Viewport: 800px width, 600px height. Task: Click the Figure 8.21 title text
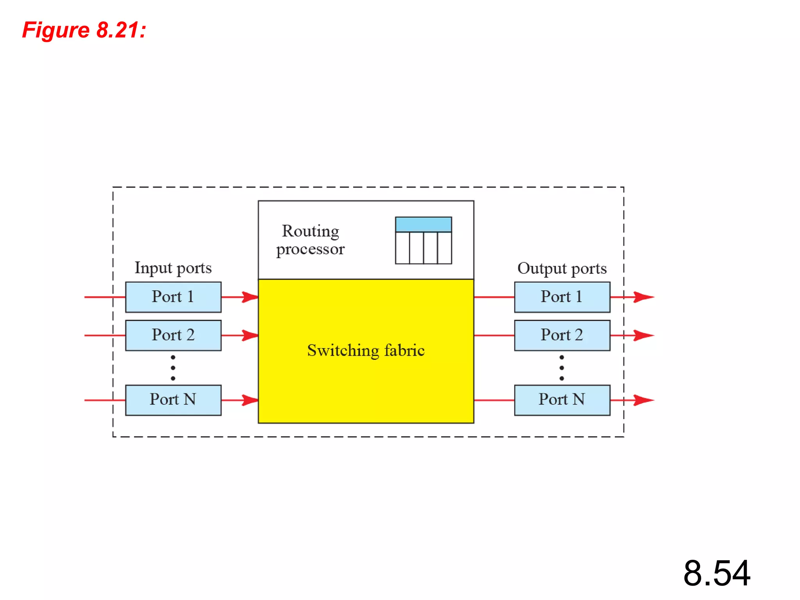(84, 30)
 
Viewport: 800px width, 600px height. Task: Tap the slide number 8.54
(716, 573)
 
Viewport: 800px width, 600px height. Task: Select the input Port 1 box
(173, 297)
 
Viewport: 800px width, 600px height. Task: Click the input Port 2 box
(173, 335)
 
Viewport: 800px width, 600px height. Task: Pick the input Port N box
(173, 400)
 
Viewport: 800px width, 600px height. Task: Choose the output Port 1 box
(562, 297)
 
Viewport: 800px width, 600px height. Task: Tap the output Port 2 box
(562, 335)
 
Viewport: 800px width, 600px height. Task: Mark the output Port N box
(562, 400)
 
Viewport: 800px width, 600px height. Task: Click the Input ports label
(173, 268)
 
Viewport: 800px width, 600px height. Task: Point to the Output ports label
(562, 268)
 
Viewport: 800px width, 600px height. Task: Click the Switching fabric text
(366, 350)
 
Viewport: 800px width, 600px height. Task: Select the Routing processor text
(311, 240)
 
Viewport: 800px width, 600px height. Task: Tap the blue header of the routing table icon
(423, 225)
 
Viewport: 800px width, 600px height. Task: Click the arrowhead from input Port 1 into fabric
(250, 297)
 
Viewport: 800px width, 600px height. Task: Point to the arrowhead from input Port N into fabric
(250, 400)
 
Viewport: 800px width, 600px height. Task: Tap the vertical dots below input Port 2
(173, 368)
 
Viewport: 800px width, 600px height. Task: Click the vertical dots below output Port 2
(562, 368)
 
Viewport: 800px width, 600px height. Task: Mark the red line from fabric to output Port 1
(494, 297)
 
